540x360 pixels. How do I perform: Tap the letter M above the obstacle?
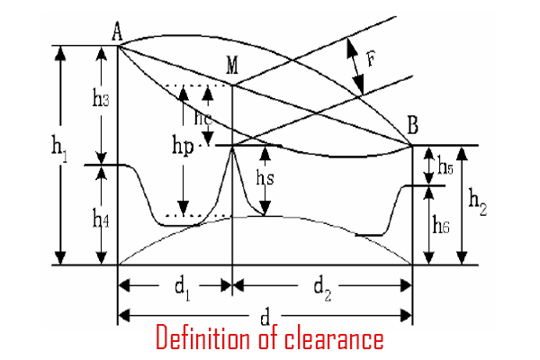coord(233,67)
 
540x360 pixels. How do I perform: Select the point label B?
coord(412,126)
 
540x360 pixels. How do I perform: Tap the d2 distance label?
coord(323,287)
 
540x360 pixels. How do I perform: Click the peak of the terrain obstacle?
coord(233,147)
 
